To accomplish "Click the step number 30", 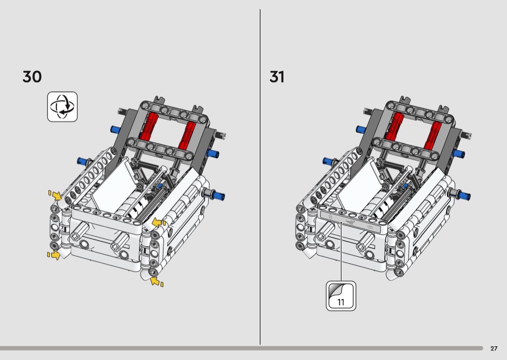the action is (x=32, y=77).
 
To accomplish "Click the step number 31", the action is (x=277, y=77).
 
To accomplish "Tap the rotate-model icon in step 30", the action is (x=62, y=107).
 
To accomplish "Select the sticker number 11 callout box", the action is (x=341, y=296).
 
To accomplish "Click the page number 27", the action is (x=494, y=348).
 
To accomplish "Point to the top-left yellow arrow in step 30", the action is (x=56, y=195).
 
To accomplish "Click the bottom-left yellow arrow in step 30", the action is (x=54, y=255).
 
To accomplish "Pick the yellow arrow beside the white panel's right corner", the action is (x=159, y=222).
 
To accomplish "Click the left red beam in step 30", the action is (x=149, y=126).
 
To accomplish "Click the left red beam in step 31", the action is (x=395, y=126).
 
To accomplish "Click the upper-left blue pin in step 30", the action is (x=115, y=130).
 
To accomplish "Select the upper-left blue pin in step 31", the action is (x=361, y=130).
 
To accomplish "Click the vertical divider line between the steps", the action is (x=260, y=177).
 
